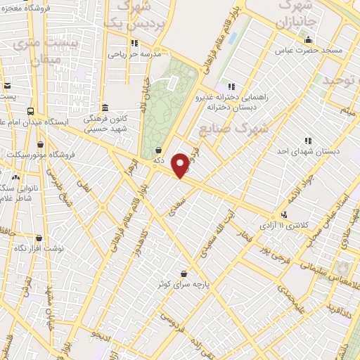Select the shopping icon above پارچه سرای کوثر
coord(184,273)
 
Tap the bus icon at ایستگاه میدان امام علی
coord(31,111)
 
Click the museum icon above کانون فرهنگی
coord(105,108)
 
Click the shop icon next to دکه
coord(159,150)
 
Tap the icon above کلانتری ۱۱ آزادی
coord(284,214)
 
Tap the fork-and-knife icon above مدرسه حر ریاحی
coord(134,43)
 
